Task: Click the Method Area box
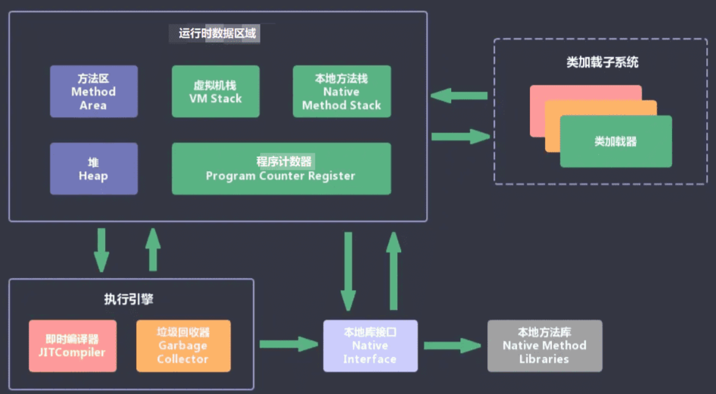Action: (x=93, y=92)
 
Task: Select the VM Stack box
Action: (x=215, y=92)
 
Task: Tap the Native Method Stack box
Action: (x=342, y=92)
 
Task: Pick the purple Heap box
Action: (x=93, y=169)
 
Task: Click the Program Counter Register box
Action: (x=281, y=169)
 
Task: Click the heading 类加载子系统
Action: (x=602, y=62)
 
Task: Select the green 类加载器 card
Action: (x=615, y=142)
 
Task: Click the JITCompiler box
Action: (x=73, y=346)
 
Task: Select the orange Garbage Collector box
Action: (x=183, y=346)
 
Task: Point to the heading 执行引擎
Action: (x=129, y=299)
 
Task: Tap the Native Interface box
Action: (x=370, y=346)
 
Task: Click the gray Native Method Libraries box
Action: (x=544, y=346)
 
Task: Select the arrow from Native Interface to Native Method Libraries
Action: (x=452, y=346)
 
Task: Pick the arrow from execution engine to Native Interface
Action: (x=288, y=345)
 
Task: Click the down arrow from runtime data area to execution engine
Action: (x=101, y=250)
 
